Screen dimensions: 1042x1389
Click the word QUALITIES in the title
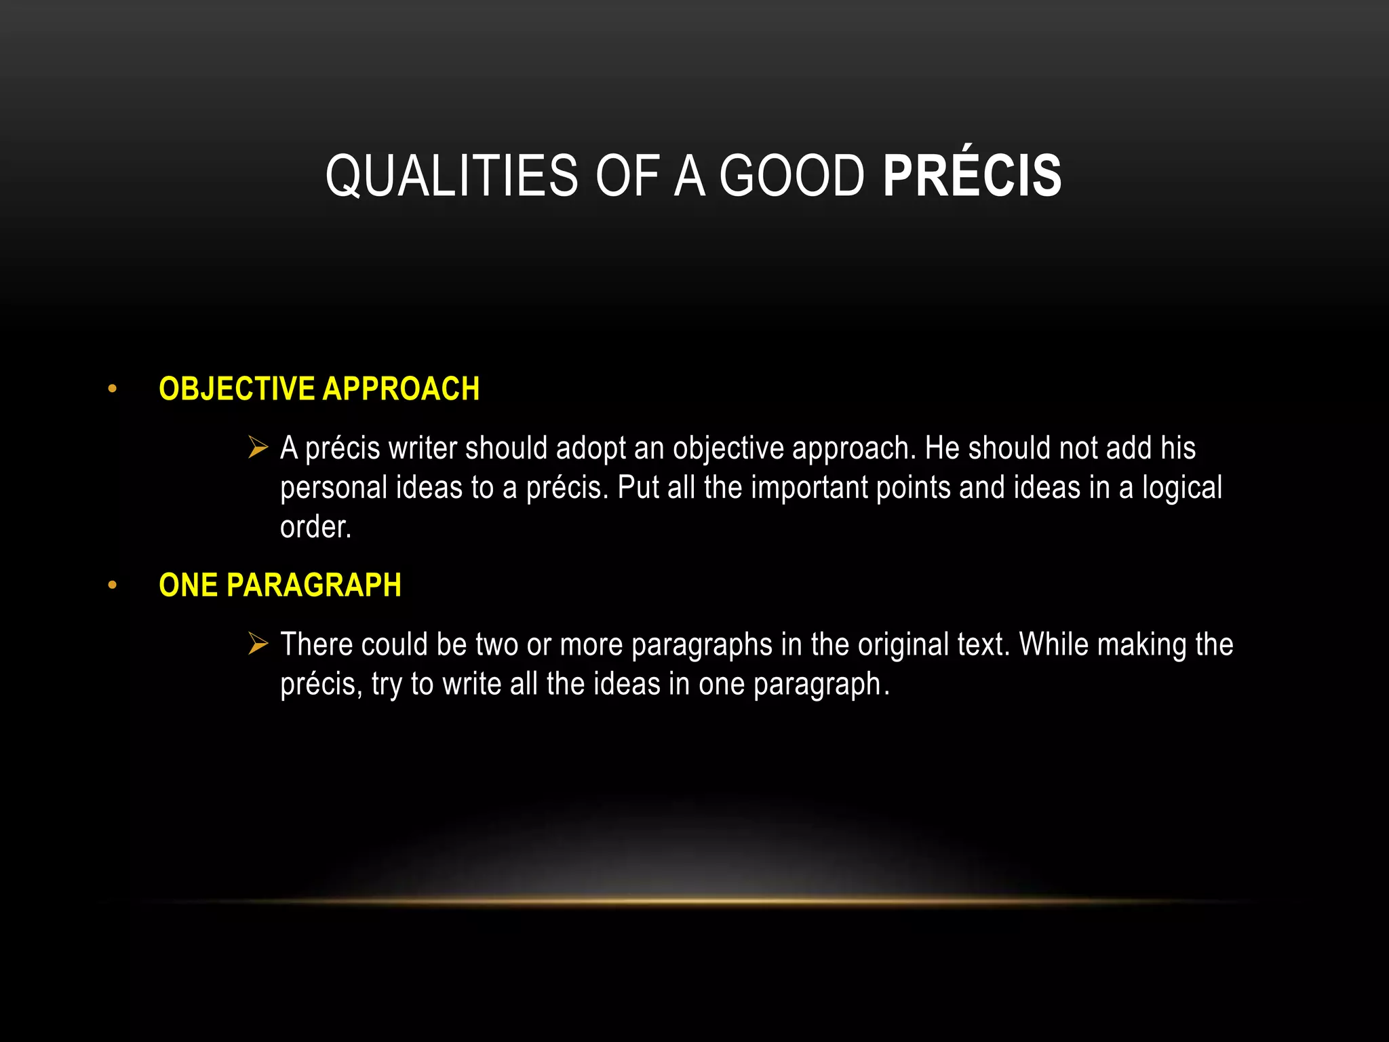tap(451, 176)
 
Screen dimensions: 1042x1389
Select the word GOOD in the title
tap(791, 176)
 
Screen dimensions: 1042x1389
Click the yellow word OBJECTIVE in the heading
tap(236, 389)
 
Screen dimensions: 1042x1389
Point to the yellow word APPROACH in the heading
tap(401, 389)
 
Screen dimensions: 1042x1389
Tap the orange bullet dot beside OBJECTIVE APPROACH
tap(113, 389)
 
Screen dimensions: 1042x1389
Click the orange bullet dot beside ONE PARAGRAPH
tap(113, 585)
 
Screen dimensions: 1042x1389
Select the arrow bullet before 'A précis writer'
tap(258, 448)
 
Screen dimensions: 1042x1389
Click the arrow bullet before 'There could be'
tap(258, 644)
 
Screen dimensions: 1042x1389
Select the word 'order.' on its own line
tap(315, 527)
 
